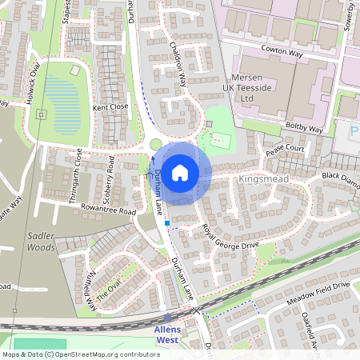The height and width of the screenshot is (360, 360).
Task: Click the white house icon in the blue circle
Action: pos(180,172)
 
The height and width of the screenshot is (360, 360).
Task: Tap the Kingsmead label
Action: pos(263,181)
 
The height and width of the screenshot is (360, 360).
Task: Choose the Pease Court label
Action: pos(286,149)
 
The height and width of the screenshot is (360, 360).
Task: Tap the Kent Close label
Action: pos(110,106)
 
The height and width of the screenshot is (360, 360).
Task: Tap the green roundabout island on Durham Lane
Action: pos(156,144)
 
